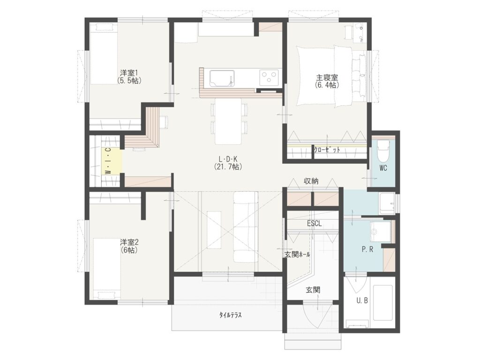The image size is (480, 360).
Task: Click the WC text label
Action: (x=383, y=168)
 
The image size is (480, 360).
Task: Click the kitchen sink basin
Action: (x=222, y=79)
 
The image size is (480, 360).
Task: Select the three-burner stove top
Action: (x=269, y=78)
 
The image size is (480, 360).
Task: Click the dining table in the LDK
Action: (x=228, y=121)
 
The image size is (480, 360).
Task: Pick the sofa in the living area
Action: (x=246, y=227)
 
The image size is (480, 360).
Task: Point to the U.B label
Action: (x=362, y=301)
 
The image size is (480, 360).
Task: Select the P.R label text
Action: (x=367, y=249)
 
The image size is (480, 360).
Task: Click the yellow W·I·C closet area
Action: (x=112, y=161)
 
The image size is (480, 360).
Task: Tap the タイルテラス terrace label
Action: (x=230, y=315)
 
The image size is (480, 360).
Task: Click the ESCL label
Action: (x=315, y=224)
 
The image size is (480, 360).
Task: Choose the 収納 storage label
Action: (x=311, y=181)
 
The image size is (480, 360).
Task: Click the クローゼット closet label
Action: (x=327, y=150)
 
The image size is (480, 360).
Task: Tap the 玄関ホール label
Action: (x=297, y=255)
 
